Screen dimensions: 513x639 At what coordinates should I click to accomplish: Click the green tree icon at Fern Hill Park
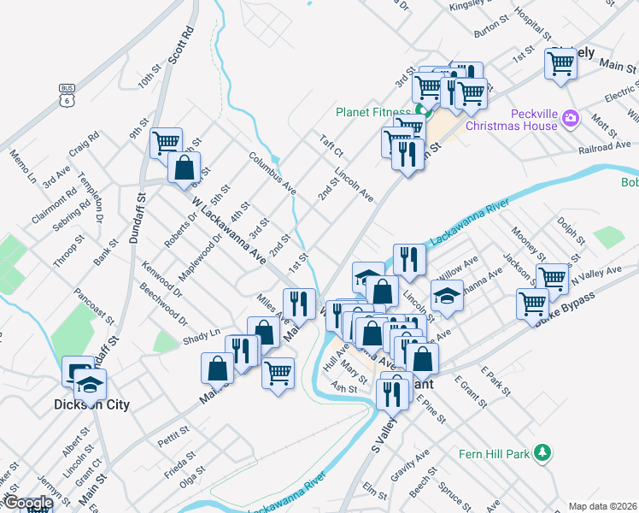[541, 451]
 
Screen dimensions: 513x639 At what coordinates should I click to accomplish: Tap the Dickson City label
[91, 404]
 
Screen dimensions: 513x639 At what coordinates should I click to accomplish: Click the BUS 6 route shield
[67, 93]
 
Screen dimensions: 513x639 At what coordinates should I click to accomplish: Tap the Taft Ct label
[331, 146]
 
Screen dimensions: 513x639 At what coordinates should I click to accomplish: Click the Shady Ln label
[201, 336]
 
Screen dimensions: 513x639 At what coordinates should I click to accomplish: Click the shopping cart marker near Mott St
[561, 62]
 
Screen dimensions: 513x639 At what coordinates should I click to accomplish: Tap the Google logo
[27, 504]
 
